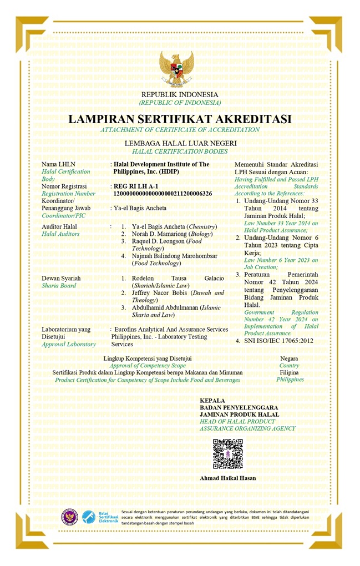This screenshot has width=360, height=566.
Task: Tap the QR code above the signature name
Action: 227,453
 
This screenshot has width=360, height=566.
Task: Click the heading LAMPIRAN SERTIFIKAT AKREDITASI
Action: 180,119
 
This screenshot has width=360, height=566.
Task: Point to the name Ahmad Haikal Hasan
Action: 227,478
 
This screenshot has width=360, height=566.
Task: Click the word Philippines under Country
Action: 290,380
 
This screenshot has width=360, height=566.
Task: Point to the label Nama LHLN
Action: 58,164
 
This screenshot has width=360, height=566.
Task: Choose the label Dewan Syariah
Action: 61,278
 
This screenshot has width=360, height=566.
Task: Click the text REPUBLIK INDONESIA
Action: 180,95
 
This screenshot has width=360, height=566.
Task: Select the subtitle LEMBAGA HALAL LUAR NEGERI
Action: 180,143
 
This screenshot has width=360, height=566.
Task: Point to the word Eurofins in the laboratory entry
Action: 127,329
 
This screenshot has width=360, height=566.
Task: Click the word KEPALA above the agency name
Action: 212,400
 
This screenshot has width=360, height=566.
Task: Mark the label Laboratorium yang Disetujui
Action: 65,333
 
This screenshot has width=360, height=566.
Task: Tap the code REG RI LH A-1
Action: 136,186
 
